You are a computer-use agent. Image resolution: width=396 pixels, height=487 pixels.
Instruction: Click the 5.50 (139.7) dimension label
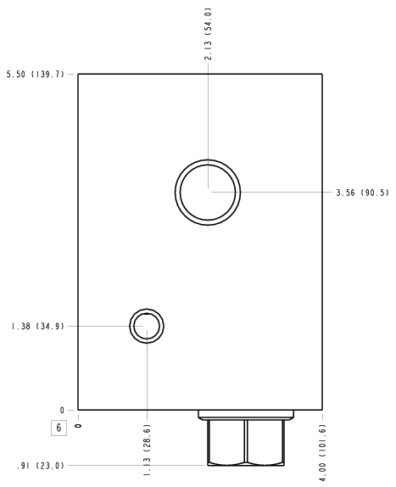click(36, 74)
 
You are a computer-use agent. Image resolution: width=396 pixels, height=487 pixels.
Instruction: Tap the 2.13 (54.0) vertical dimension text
click(208, 34)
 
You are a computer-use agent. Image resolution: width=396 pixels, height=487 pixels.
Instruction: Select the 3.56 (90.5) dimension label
click(362, 193)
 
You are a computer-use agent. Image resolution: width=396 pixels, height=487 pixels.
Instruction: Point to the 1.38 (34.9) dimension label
click(37, 327)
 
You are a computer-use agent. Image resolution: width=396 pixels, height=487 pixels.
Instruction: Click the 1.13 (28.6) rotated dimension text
click(147, 450)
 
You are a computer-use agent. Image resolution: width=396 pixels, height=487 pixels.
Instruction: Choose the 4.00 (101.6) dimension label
click(323, 453)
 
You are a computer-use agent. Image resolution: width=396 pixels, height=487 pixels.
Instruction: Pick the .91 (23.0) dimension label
click(41, 466)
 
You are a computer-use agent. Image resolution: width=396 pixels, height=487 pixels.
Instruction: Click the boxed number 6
click(59, 428)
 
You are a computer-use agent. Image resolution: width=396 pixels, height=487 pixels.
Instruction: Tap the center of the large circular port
click(208, 193)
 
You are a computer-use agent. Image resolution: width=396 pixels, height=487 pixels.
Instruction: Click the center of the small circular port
click(147, 326)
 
